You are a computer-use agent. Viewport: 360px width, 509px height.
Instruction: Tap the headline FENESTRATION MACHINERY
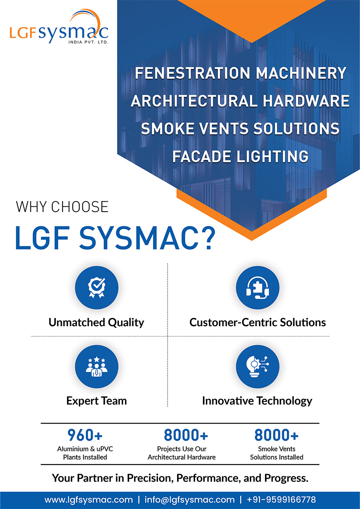click(240, 73)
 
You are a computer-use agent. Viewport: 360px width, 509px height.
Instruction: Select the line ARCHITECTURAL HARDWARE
click(240, 101)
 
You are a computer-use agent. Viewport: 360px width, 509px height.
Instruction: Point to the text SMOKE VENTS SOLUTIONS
click(240, 128)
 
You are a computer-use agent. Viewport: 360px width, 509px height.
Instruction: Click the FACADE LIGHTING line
click(240, 156)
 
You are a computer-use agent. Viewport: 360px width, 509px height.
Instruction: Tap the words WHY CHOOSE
click(62, 206)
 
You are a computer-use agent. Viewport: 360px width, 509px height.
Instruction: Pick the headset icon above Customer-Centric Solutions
click(257, 288)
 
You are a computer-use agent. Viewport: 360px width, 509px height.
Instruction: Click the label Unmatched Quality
click(96, 323)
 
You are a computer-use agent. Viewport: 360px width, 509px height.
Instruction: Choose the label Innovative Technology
click(257, 401)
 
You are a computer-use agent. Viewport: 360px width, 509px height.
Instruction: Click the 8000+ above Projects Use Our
click(186, 435)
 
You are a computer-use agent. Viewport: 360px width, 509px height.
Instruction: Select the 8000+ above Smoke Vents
click(276, 435)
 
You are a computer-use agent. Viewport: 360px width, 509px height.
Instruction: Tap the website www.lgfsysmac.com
click(88, 499)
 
